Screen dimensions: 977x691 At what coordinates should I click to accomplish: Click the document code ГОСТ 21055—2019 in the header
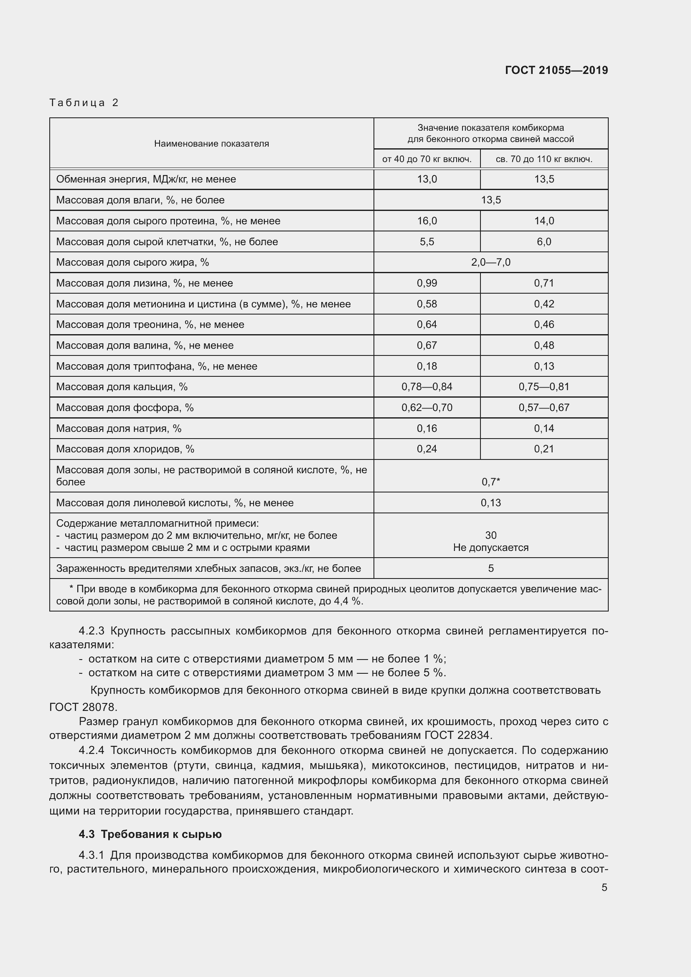pos(556,70)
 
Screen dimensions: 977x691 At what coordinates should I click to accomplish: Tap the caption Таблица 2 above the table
pos(84,103)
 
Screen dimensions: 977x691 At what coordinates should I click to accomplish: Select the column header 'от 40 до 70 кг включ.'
pos(427,159)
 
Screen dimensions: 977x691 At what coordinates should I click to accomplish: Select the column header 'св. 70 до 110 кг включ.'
pos(544,159)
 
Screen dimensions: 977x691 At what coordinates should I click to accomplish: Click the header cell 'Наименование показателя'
pos(211,143)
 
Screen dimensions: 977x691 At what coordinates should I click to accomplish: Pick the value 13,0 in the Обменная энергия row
pos(427,179)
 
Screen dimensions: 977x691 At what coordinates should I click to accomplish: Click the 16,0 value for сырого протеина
pos(427,221)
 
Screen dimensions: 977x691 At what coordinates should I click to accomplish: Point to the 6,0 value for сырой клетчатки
pos(544,242)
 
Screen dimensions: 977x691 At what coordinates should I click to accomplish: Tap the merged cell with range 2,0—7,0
pos(490,262)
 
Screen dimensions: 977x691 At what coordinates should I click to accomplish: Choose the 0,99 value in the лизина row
pos(427,283)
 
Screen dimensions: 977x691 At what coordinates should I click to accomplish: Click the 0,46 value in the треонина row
pos(544,324)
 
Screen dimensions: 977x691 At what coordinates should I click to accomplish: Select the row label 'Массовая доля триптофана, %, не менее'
pos(157,366)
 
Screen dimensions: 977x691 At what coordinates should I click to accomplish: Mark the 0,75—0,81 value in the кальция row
pos(544,386)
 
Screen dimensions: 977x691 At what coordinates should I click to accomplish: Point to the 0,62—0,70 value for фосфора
pos(427,407)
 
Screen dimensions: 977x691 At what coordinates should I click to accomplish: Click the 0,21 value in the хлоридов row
pos(544,449)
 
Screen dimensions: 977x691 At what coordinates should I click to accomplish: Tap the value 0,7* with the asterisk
pos(490,482)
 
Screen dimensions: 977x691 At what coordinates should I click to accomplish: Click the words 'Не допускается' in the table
pos(490,548)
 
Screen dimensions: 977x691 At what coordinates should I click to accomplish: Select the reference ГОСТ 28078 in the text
pos(83,707)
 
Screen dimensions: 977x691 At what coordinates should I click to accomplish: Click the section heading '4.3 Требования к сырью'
pos(150,834)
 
